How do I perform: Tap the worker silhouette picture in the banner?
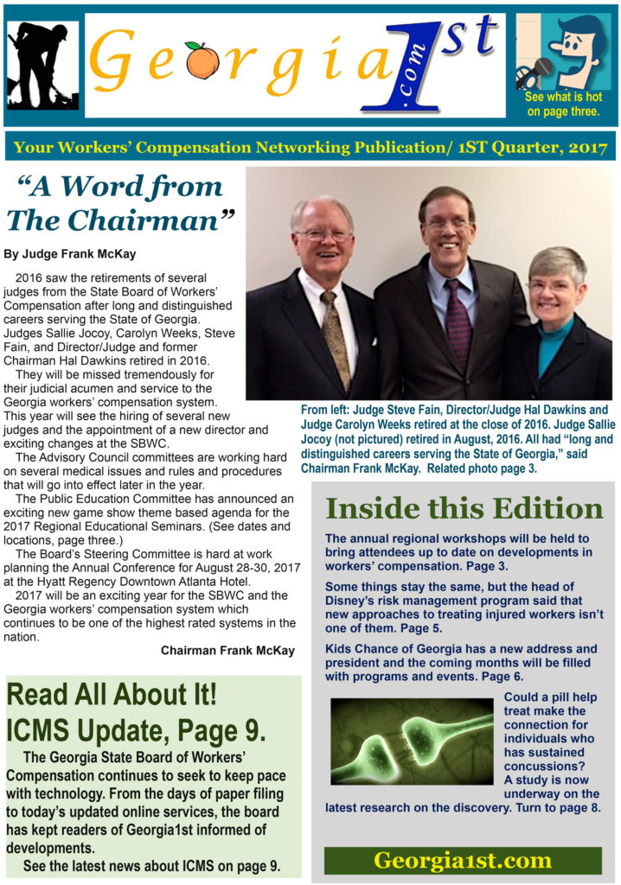[43, 63]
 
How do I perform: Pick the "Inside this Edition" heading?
[464, 508]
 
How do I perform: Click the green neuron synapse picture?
[411, 741]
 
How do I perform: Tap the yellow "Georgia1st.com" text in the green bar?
[463, 860]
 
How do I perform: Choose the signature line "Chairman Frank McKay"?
[227, 651]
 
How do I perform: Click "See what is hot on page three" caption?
[563, 104]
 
